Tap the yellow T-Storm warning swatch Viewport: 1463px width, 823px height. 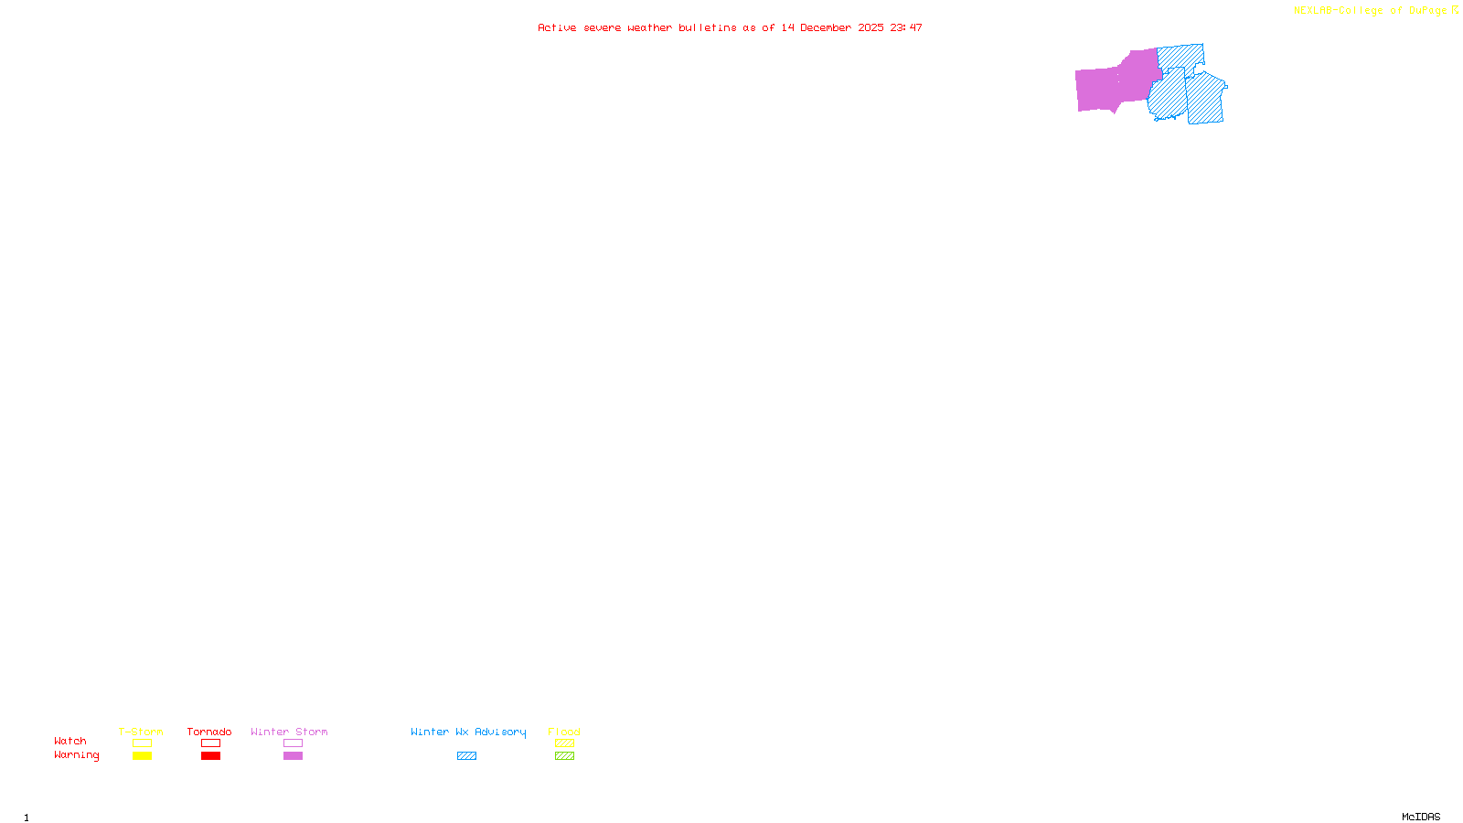pyautogui.click(x=142, y=756)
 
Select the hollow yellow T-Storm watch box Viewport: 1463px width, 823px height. pyautogui.click(x=142, y=743)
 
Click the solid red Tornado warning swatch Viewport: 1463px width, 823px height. pyautogui.click(x=210, y=756)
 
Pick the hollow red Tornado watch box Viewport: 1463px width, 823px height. pyautogui.click(x=210, y=743)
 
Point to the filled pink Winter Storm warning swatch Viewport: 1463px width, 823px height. pyautogui.click(x=293, y=756)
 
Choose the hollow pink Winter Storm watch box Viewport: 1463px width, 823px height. pyautogui.click(x=293, y=743)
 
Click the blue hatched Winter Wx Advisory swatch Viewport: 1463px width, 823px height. pyautogui.click(x=466, y=756)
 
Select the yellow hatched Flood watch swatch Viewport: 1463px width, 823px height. pyautogui.click(x=564, y=743)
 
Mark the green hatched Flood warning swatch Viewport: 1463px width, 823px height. pyautogui.click(x=564, y=756)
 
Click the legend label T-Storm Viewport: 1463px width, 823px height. pyautogui.click(x=141, y=732)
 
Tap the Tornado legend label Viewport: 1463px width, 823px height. pyautogui.click(x=209, y=732)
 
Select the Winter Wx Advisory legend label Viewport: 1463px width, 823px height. pyautogui.click(x=468, y=732)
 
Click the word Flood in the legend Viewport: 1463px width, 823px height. pyautogui.click(x=564, y=732)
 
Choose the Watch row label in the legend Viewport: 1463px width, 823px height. pyautogui.click(x=70, y=741)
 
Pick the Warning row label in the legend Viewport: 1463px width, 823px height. pyautogui.click(x=76, y=755)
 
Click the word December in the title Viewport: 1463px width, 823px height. pyautogui.click(x=826, y=27)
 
